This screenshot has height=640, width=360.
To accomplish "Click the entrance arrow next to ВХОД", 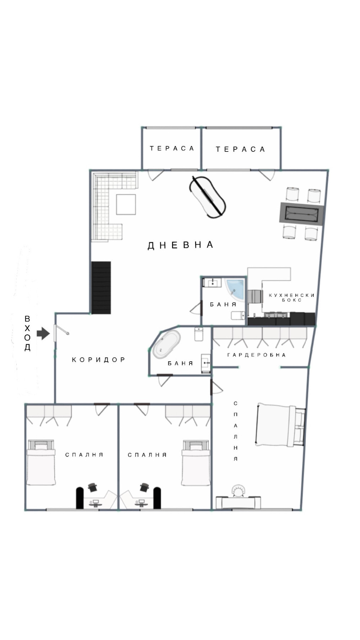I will pos(43,333).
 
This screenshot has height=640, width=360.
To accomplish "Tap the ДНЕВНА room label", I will pos(181,245).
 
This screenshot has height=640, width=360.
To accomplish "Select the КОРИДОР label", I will pos(99,359).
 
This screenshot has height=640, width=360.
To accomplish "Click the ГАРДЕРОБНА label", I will pos(256,355).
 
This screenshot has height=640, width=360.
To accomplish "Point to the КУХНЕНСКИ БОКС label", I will pos(291,298).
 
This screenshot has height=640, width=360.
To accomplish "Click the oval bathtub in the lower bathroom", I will pos(166,344).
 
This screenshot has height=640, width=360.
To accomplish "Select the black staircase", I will pos(101,288).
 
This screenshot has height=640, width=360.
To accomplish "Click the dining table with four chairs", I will pos(302,214).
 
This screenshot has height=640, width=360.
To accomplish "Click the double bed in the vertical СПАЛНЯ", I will pos(280,425).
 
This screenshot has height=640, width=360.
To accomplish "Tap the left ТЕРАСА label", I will pos(172,148).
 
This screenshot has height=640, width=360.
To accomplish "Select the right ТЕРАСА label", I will pos(240,149).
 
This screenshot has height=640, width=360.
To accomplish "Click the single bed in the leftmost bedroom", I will pos(41,464).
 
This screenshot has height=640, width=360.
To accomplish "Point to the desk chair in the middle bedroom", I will pos(144,487).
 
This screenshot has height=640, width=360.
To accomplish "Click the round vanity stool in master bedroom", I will pos(238,491).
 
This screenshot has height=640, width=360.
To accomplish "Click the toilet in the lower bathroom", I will pos(199,334).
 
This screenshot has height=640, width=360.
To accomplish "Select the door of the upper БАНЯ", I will pos(195,308).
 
